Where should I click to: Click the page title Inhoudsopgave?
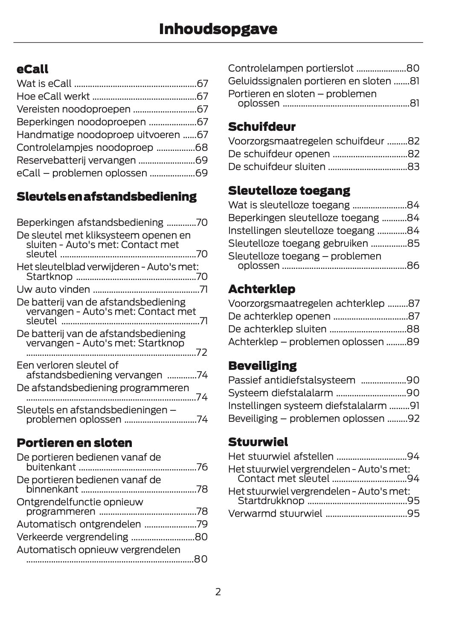[x=218, y=29]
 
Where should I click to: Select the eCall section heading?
[x=32, y=69]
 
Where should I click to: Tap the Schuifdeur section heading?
[x=261, y=127]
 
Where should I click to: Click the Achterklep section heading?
[x=261, y=289]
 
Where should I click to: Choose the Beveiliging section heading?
[x=262, y=366]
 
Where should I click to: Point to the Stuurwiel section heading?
[x=258, y=441]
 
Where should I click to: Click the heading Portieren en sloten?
[x=74, y=443]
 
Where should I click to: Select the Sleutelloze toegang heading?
[x=289, y=190]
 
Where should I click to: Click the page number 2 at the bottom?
[x=218, y=591]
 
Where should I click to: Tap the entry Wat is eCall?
[x=44, y=84]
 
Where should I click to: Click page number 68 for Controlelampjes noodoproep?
[x=201, y=147]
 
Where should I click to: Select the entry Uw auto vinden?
[x=53, y=290]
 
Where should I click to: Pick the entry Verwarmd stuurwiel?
[x=275, y=513]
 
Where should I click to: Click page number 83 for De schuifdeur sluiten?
[x=413, y=167]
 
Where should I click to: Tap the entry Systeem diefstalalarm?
[x=280, y=393]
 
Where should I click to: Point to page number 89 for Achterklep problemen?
[x=413, y=342]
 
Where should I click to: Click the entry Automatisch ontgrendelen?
[x=78, y=524]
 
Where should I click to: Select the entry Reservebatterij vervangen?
[x=76, y=160]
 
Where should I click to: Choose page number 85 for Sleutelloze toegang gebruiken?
[x=413, y=243]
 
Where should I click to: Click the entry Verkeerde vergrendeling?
[x=72, y=537]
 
